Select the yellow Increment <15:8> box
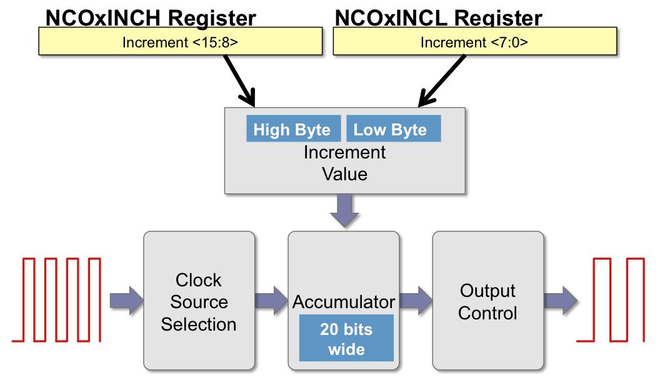point(181,42)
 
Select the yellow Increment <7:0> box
point(474,42)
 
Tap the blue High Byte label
point(292,129)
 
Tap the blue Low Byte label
point(392,129)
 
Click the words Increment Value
point(344,163)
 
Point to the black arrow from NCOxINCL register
point(442,80)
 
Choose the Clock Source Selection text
point(199,302)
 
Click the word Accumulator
point(344,303)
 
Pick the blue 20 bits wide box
point(346,338)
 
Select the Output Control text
point(487,302)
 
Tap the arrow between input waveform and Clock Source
point(126,299)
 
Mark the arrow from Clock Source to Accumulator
point(271,299)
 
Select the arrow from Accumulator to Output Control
point(416,299)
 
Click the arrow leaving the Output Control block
point(560,299)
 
